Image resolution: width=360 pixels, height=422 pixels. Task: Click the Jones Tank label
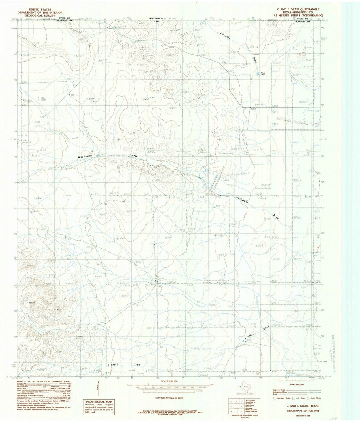(263, 74)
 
